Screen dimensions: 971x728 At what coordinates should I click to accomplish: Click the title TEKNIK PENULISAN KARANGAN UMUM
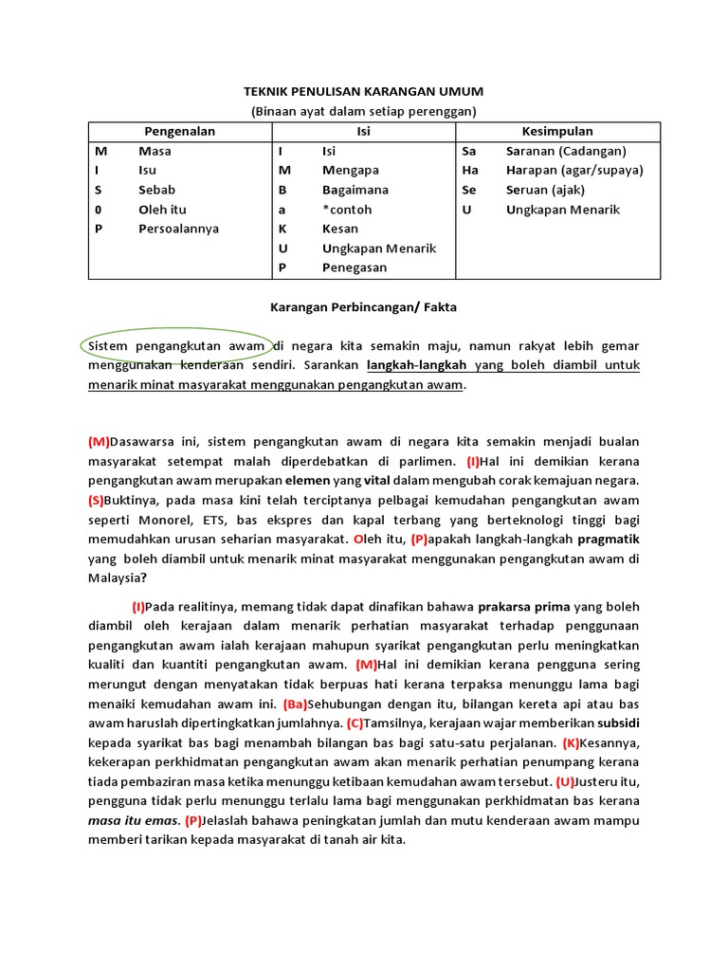click(x=364, y=91)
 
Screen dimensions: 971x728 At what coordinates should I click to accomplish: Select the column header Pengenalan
click(x=179, y=131)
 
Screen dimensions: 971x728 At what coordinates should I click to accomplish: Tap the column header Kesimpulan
click(x=557, y=131)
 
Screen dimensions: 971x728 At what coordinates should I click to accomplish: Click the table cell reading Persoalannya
click(x=178, y=229)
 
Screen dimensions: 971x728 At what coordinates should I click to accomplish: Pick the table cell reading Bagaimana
click(x=355, y=190)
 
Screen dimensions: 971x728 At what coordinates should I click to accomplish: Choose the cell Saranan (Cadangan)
click(x=566, y=151)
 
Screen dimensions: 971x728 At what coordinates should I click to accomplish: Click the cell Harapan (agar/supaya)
click(x=574, y=170)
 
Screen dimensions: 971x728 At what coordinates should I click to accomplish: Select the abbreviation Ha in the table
click(x=469, y=170)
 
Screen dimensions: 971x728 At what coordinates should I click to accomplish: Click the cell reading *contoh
click(x=347, y=210)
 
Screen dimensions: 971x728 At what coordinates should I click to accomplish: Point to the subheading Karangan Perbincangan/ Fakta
click(x=364, y=306)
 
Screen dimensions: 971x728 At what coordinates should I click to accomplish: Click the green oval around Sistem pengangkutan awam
click(x=176, y=346)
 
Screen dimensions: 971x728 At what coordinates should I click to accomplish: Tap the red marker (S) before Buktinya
click(x=98, y=501)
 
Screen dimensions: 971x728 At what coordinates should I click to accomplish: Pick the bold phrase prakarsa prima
click(x=531, y=607)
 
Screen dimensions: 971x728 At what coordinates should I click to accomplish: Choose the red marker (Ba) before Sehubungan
click(x=295, y=704)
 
